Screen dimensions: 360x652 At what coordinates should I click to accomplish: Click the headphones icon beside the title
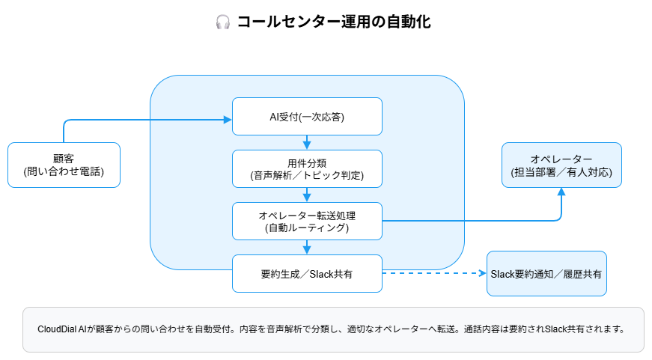[222, 22]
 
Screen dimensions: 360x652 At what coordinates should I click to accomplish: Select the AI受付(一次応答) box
[307, 117]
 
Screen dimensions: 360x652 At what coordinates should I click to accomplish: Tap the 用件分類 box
[307, 168]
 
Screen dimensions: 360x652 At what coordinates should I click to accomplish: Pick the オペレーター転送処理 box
[307, 221]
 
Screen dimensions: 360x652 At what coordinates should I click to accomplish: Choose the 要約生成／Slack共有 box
[307, 273]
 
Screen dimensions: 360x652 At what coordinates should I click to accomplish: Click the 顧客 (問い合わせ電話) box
[64, 165]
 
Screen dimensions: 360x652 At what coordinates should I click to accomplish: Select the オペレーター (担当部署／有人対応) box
[561, 165]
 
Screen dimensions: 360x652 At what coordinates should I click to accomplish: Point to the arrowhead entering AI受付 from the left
[228, 119]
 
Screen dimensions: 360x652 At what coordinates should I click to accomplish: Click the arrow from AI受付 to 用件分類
[307, 142]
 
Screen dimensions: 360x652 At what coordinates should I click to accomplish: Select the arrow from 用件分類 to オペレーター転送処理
[307, 195]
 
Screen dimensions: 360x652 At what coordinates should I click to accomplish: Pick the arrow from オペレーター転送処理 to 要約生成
[307, 247]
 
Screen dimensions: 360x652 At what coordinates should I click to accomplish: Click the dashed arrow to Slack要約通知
[434, 273]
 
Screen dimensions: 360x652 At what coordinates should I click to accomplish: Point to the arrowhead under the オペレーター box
[561, 192]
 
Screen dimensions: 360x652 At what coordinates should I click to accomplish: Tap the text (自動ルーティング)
[307, 228]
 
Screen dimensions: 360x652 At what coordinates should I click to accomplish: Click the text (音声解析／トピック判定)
[307, 176]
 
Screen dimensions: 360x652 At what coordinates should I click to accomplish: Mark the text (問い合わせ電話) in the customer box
[64, 172]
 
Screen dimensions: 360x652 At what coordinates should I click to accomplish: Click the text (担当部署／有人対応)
[561, 172]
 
